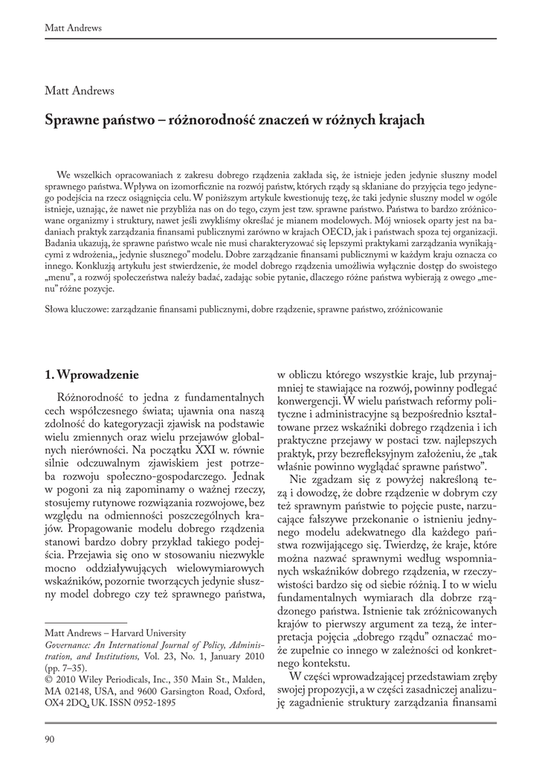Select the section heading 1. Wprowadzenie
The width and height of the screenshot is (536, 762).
pos(91,373)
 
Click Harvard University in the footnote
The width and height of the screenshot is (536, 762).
pos(149,633)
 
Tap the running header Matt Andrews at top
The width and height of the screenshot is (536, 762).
pos(74,28)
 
